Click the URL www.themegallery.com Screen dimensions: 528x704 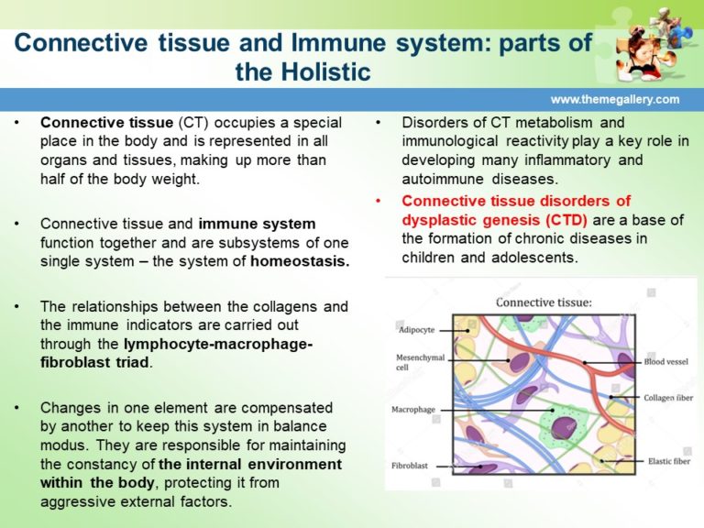click(x=615, y=99)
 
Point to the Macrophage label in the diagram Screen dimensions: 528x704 click(x=415, y=410)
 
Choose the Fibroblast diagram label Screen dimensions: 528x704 click(x=412, y=466)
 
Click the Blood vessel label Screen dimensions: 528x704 click(x=665, y=362)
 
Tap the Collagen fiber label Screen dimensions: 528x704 click(x=665, y=398)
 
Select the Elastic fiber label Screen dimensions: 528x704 click(x=668, y=461)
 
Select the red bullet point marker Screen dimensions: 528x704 click(x=380, y=200)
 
